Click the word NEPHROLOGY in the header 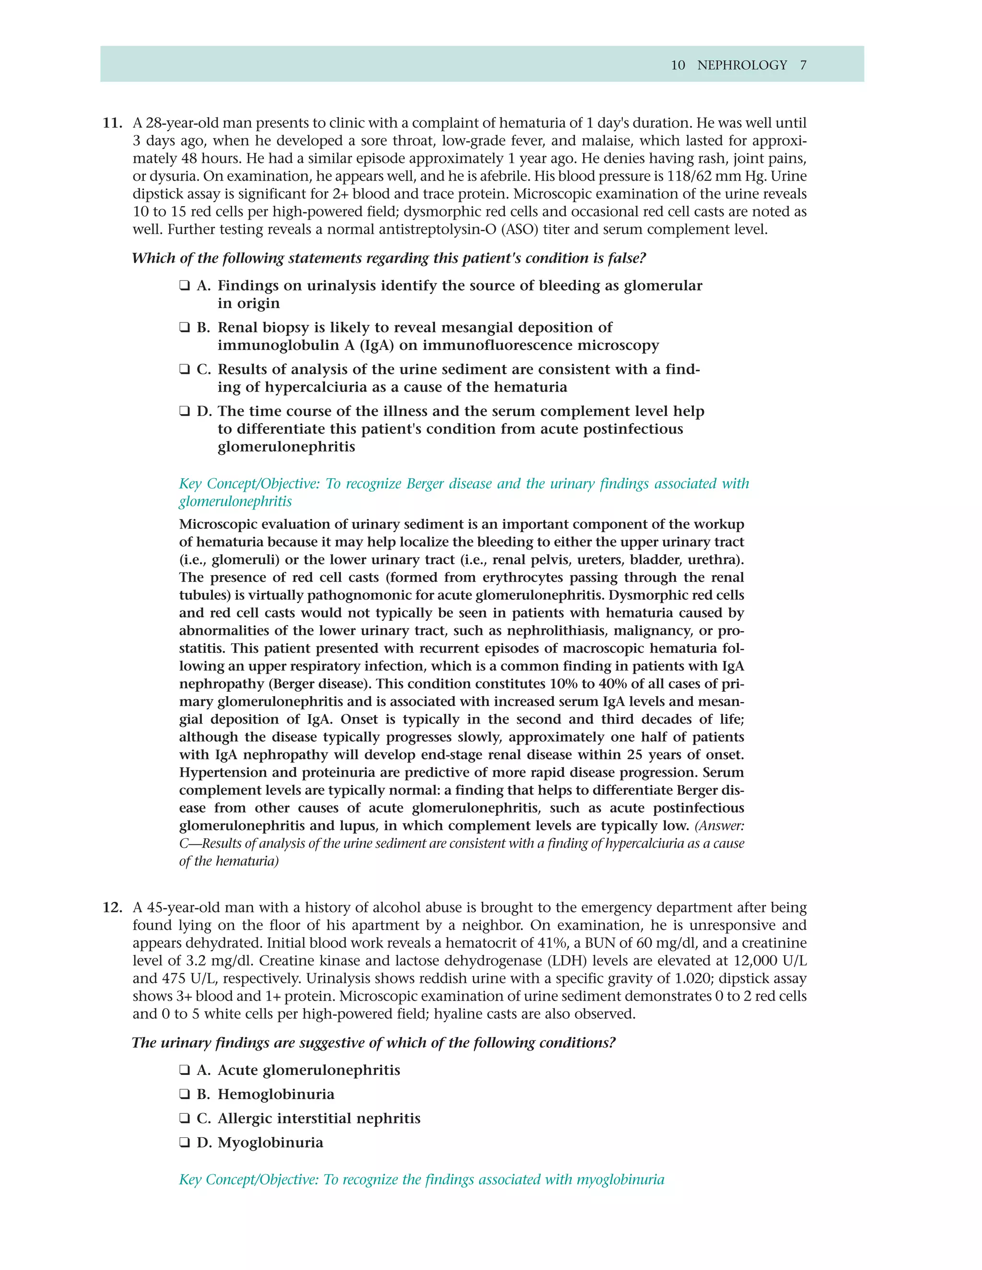point(742,65)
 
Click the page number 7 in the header point(803,65)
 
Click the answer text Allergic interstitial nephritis point(319,1118)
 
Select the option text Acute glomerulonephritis point(308,1070)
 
